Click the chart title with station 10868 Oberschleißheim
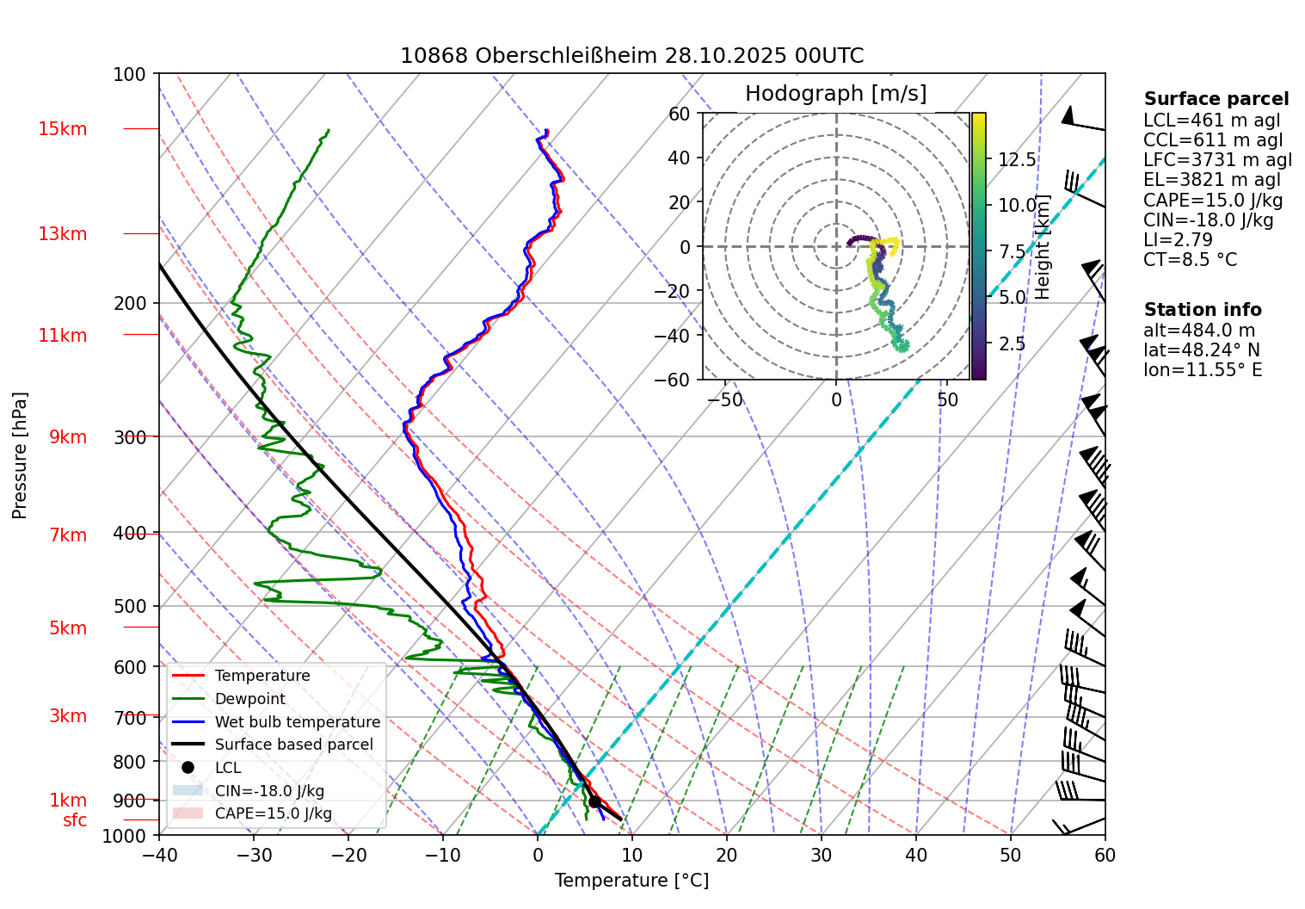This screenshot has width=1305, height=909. (631, 56)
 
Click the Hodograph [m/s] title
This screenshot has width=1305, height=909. (835, 94)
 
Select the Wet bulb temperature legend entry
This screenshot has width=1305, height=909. (297, 722)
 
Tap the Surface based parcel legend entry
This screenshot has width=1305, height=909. (293, 745)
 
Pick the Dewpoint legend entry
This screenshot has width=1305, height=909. (249, 699)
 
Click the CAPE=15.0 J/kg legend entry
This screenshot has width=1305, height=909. (273, 813)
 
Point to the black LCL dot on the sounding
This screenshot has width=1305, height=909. (594, 801)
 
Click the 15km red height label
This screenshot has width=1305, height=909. (62, 129)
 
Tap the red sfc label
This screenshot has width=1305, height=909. (75, 820)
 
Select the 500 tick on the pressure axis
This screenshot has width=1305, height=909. (130, 606)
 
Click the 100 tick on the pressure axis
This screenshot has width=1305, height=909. (130, 75)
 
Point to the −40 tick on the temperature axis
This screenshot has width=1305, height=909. (159, 856)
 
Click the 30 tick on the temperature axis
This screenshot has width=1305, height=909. (822, 856)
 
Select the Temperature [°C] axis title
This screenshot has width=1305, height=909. (631, 881)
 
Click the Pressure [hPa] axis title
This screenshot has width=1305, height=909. (20, 455)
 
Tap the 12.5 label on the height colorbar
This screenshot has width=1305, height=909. (1017, 160)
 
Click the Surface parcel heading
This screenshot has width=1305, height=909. (1216, 99)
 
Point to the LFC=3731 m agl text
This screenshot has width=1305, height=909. (1217, 160)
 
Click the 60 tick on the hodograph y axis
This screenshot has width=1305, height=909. (680, 114)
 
